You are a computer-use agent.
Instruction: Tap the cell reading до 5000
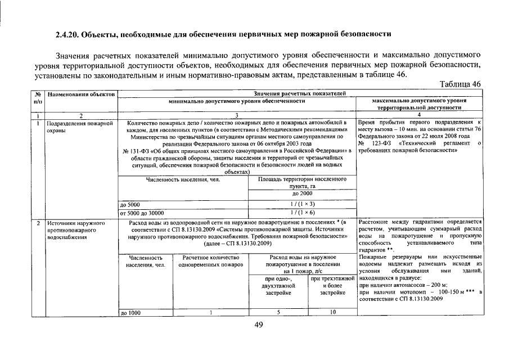pos(130,205)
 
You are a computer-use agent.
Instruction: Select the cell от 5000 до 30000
pos(142,213)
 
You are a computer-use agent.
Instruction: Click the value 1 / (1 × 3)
pos(302,205)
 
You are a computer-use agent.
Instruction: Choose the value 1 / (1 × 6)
pos(302,213)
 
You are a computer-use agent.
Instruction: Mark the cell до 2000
pos(302,193)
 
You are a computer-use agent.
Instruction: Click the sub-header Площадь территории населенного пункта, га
pos(302,183)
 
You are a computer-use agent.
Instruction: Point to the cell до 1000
pos(130,312)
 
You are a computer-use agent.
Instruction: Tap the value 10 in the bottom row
pos(332,312)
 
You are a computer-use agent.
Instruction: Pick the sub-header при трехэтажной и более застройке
pos(332,286)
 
